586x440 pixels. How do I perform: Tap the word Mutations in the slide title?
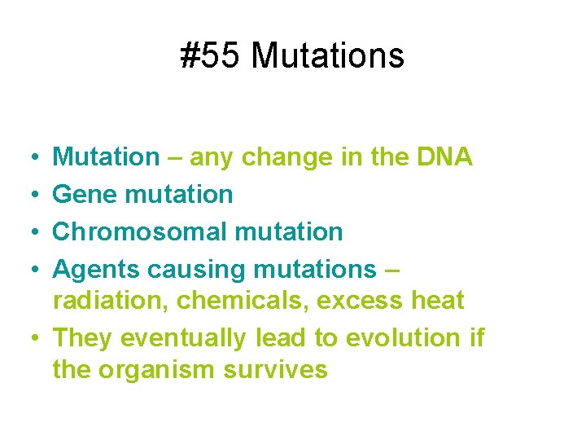coord(328,56)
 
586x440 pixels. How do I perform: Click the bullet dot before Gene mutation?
coord(29,194)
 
